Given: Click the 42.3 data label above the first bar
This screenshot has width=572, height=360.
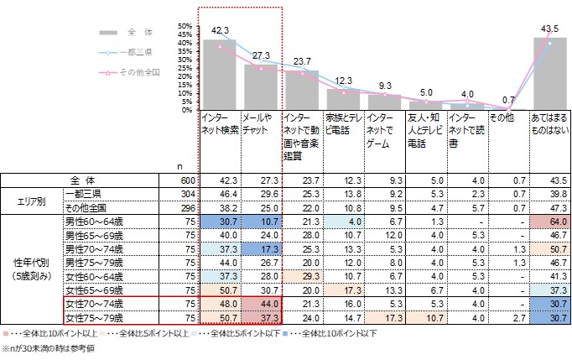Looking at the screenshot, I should tap(220, 30).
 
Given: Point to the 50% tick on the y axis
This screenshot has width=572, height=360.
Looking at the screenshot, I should tap(185, 26).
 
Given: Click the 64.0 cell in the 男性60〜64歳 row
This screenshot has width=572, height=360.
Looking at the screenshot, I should tap(550, 220).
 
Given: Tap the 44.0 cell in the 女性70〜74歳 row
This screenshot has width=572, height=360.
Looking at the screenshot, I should tap(260, 304).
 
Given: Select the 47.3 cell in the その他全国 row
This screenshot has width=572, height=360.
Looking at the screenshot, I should tap(550, 206).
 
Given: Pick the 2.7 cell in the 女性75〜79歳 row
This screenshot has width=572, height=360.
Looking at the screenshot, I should tap(509, 318).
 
